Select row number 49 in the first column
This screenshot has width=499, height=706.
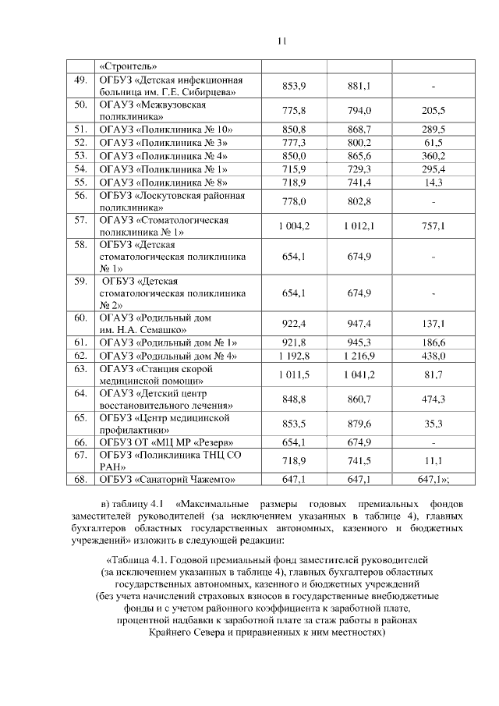tap(80, 81)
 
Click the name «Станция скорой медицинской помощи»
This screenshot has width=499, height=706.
tap(155, 375)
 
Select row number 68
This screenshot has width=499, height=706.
tap(80, 479)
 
